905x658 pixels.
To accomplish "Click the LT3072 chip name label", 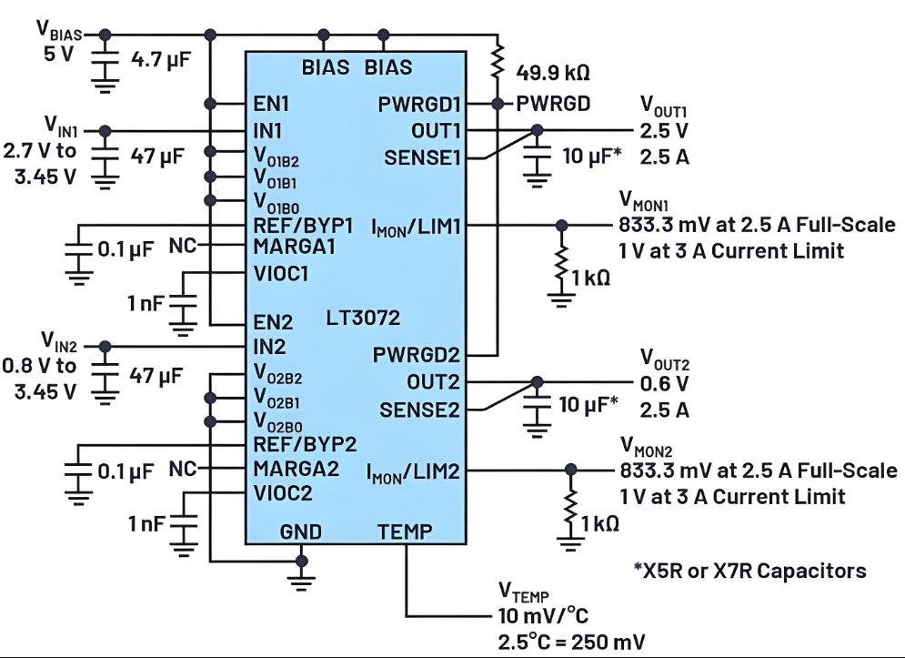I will (x=363, y=319).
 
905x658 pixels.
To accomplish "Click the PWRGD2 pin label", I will (x=416, y=355).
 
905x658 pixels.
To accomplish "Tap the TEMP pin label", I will (x=405, y=531).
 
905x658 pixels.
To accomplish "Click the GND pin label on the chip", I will (x=301, y=531).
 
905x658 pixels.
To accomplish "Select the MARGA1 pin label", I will (x=296, y=247).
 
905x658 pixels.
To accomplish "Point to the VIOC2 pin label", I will (x=284, y=493).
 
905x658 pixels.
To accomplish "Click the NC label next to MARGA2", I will (x=184, y=471).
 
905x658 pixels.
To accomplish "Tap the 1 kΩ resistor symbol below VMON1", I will (x=562, y=263).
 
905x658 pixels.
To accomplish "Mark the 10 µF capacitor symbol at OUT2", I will (x=538, y=408).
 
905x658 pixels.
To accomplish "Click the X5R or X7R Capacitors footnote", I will (x=749, y=571).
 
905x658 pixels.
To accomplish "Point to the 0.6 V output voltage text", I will (x=662, y=384).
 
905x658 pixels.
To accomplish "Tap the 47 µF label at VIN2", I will (x=157, y=375).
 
